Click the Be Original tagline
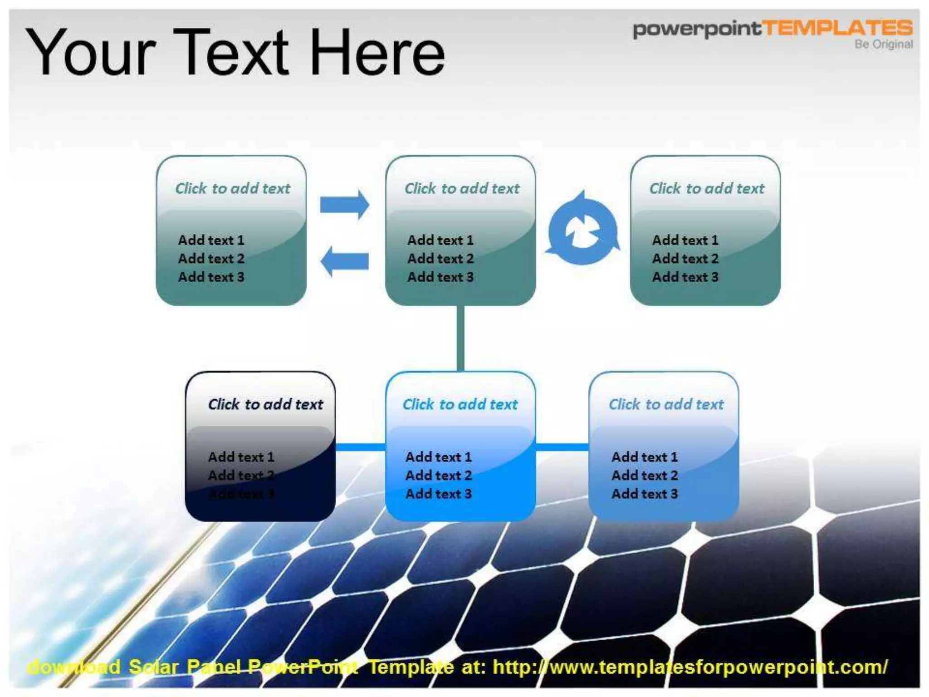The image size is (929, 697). (x=884, y=44)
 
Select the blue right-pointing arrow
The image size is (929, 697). (x=344, y=205)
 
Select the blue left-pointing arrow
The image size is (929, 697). (x=344, y=261)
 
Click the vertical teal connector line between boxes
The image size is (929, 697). (x=460, y=338)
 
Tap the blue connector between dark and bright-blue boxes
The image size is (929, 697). (x=360, y=447)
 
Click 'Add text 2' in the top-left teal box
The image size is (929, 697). (x=211, y=259)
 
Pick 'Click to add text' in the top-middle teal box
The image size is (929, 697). (x=462, y=188)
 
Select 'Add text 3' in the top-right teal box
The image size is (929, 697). (x=685, y=277)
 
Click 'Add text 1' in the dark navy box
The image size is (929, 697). (x=241, y=457)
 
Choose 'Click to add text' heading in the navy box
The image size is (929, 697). (x=265, y=404)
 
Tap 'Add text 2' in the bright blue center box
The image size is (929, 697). (x=439, y=476)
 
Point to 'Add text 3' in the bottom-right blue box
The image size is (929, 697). (x=645, y=494)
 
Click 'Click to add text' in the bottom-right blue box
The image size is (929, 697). (x=666, y=404)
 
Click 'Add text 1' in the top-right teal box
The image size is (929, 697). (x=685, y=240)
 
